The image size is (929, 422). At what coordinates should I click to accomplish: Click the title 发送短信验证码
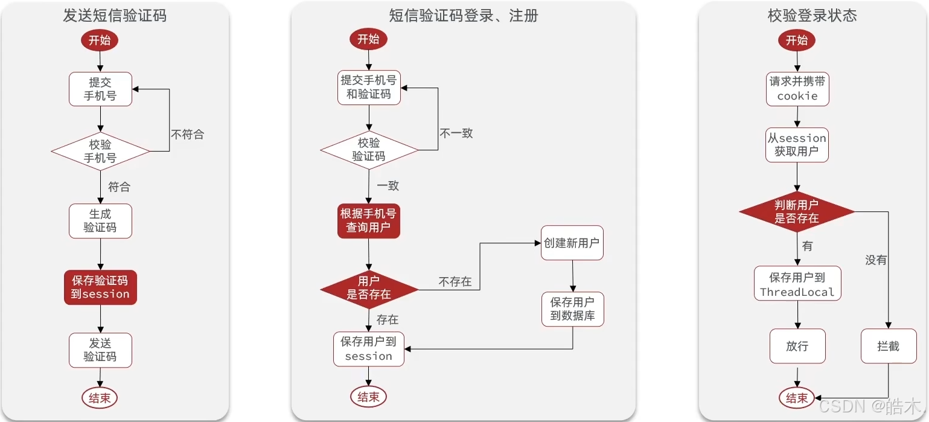tap(115, 16)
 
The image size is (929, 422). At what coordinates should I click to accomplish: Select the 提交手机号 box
tap(100, 89)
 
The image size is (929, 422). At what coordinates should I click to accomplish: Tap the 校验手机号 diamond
tap(100, 151)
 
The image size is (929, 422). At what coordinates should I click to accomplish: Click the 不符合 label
tap(187, 135)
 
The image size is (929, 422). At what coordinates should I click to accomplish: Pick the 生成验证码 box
tap(100, 221)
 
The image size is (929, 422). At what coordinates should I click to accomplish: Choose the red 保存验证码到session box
tap(100, 287)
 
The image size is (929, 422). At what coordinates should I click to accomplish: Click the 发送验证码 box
tap(100, 350)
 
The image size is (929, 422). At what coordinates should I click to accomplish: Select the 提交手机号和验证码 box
tap(369, 87)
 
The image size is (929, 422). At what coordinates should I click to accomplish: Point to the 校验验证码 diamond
tap(369, 150)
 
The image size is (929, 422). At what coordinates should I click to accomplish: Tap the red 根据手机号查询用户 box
tap(369, 221)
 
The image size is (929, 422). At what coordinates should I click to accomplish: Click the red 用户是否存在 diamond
tap(369, 288)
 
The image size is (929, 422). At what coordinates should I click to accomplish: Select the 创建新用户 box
tap(572, 243)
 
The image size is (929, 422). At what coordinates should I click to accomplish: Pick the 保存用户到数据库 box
tap(572, 309)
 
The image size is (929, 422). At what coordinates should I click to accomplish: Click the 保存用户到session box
tap(369, 349)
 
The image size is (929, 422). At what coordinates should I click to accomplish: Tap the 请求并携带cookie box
tap(797, 89)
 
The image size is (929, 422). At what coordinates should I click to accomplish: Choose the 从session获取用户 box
tap(797, 145)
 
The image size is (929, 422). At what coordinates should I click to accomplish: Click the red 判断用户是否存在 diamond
tap(797, 211)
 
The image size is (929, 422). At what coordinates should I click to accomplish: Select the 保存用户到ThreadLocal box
tap(797, 284)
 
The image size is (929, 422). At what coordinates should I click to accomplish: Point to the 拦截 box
tap(889, 347)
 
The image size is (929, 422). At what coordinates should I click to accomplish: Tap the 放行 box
tap(797, 347)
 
